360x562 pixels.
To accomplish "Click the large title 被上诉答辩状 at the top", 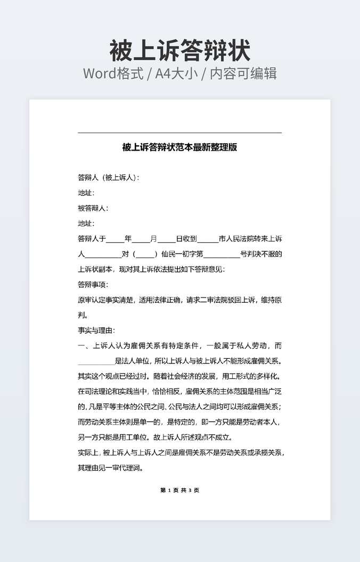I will [179, 51].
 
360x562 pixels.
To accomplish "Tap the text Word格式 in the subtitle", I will [113, 73].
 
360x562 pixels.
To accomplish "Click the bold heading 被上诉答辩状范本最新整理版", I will [179, 147].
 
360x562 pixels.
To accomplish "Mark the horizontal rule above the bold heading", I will [179, 133].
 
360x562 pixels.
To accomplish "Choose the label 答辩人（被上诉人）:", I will [109, 177].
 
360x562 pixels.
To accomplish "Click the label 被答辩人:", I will [93, 208].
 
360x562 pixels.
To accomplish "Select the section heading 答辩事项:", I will [93, 285].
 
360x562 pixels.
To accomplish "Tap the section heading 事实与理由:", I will [96, 330].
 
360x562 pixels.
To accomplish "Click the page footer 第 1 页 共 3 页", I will [179, 490].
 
